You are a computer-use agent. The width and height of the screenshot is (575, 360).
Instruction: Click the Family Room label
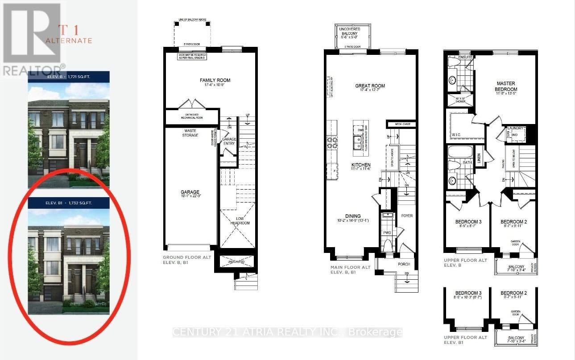pyautogui.click(x=215, y=80)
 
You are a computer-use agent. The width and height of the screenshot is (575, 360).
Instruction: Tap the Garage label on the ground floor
pyautogui.click(x=190, y=192)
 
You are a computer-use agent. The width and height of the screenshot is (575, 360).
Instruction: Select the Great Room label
pyautogui.click(x=370, y=86)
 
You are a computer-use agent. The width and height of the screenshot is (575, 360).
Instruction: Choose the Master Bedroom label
pyautogui.click(x=506, y=86)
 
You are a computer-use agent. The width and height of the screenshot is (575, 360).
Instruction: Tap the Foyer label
pyautogui.click(x=407, y=215)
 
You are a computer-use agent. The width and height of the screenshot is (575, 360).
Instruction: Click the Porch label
pyautogui.click(x=404, y=264)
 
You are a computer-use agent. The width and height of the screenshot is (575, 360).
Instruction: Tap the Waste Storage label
pyautogui.click(x=190, y=132)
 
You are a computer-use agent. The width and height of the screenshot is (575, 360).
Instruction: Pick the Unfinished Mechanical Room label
pyautogui.click(x=192, y=116)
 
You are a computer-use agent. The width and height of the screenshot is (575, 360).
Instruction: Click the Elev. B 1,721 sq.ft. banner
pyautogui.click(x=69, y=77)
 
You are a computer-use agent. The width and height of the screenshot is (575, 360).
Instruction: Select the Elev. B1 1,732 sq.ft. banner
pyautogui.click(x=69, y=203)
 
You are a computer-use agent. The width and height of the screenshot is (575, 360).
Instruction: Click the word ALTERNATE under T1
pyautogui.click(x=69, y=41)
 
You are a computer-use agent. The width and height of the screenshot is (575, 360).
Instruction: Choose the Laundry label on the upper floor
pyautogui.click(x=516, y=128)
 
